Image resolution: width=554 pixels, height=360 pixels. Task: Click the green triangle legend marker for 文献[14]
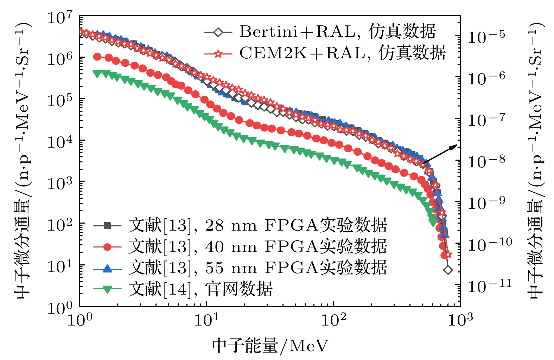pyautogui.click(x=107, y=289)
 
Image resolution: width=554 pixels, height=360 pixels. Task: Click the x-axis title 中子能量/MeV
pyautogui.click(x=270, y=346)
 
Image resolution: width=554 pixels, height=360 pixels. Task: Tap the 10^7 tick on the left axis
pyautogui.click(x=60, y=18)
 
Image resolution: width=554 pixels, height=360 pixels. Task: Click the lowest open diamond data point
pyautogui.click(x=448, y=270)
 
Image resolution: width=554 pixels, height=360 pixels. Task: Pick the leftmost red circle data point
pyautogui.click(x=97, y=57)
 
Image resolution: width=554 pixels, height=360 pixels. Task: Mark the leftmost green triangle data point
pyautogui.click(x=96, y=73)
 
